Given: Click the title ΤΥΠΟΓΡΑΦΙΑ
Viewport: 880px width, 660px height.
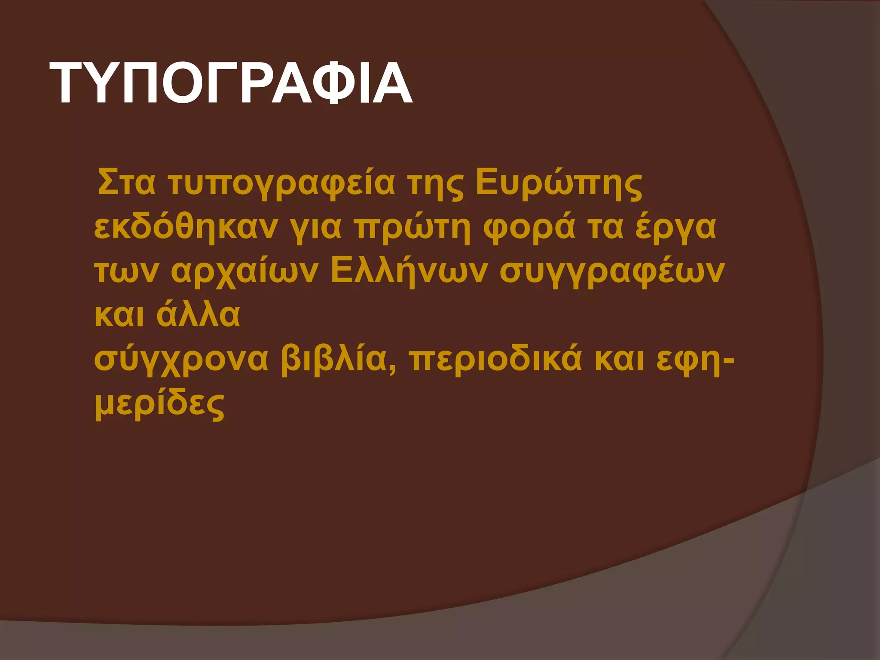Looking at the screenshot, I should (x=231, y=83).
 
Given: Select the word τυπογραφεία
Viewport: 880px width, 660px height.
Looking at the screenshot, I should (x=281, y=184).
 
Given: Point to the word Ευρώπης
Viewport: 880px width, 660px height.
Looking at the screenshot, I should (x=559, y=184).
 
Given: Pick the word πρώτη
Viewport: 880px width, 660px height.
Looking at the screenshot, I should (x=412, y=228).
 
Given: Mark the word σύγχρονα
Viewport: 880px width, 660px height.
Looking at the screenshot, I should (x=181, y=360).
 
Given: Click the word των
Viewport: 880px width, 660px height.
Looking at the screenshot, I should (x=126, y=272).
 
